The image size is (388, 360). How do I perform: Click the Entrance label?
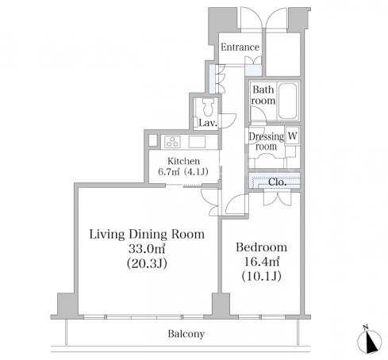coord(240,47)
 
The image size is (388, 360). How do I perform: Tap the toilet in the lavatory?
coord(208,107)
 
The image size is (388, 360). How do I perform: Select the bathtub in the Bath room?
coord(287,101)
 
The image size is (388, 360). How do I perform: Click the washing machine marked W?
coord(292,136)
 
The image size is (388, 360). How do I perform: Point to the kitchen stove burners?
coord(172,142)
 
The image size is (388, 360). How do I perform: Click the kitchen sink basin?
coord(197,142)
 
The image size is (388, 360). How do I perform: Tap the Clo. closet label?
coord(277,182)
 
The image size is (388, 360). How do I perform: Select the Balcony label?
coord(186,334)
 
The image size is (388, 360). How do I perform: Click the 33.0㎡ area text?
coord(147,248)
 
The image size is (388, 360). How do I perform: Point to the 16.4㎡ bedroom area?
coord(261,262)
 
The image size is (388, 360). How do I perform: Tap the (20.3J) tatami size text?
coord(147,263)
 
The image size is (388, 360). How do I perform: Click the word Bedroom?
coord(261,247)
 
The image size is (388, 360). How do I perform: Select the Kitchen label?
coord(183,161)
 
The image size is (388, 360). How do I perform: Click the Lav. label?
coord(208,123)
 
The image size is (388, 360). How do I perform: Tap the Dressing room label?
coord(266,142)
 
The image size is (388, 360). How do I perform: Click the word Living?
coord(107,235)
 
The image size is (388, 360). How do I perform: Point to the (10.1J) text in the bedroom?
coord(261,276)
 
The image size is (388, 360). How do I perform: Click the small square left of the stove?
coord(152,140)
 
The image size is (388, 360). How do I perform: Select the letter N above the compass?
coord(366,328)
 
